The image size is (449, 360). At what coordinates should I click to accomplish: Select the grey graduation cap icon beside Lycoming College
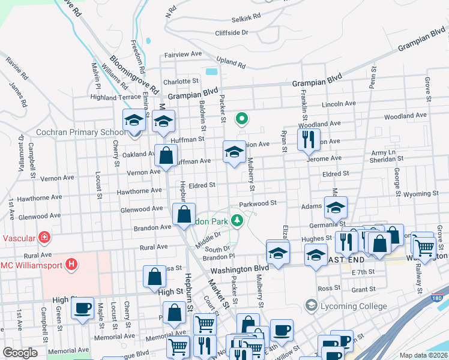(311, 306)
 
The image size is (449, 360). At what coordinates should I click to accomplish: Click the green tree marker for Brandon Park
(238, 221)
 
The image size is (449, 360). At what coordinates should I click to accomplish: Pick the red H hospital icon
(71, 263)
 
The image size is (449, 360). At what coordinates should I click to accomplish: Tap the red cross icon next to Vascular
(44, 238)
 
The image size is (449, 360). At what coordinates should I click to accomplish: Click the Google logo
(20, 353)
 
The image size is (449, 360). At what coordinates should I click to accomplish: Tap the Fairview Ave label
(183, 54)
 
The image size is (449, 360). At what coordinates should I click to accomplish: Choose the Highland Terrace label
(115, 97)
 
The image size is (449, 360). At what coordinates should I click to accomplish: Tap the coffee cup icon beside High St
(82, 309)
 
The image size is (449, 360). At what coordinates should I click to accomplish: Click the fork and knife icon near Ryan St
(309, 140)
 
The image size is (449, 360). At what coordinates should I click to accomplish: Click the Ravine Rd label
(17, 68)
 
